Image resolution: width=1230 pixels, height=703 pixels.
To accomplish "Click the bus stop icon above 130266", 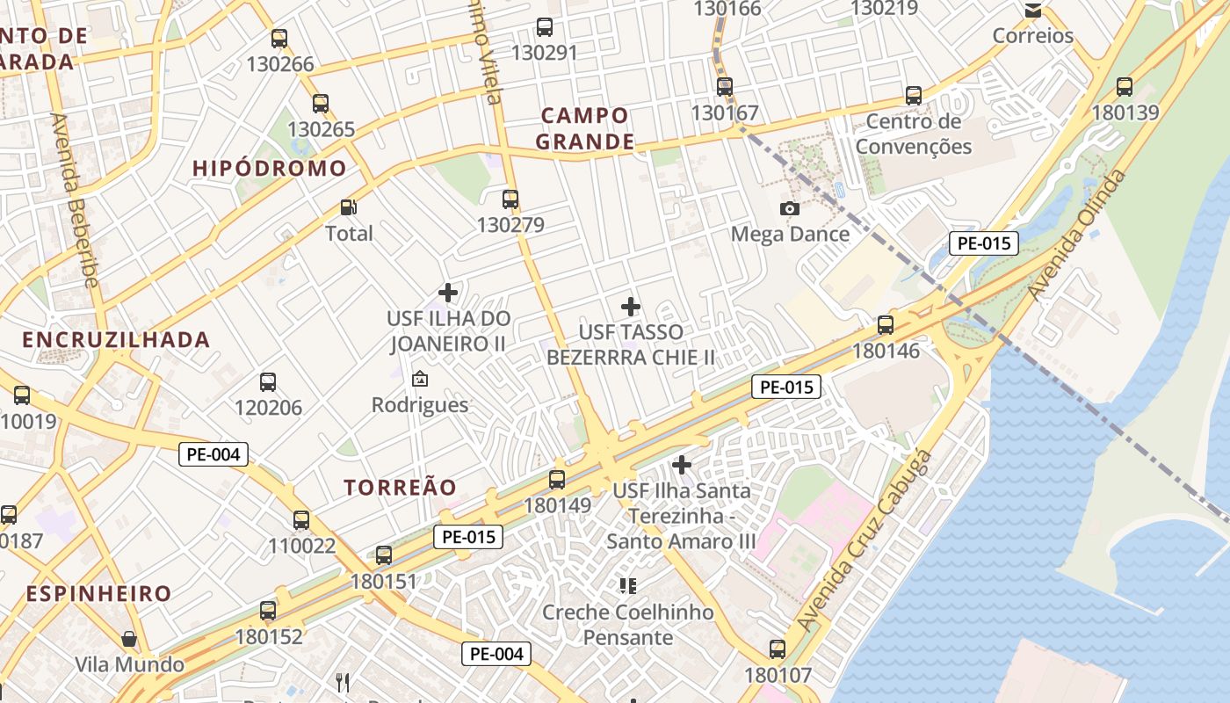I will (279, 39).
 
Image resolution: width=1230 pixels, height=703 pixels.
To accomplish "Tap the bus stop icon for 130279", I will (510, 199).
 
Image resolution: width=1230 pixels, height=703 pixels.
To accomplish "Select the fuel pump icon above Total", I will (349, 207).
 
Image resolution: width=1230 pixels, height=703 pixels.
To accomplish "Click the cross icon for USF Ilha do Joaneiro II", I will (448, 293).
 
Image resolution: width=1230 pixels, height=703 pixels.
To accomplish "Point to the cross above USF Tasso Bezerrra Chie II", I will (630, 307).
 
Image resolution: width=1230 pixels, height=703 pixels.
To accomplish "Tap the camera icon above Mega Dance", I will (790, 208).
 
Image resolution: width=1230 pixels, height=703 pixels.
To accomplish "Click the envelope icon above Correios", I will (1033, 11).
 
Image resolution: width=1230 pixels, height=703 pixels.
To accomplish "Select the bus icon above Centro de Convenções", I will (914, 96).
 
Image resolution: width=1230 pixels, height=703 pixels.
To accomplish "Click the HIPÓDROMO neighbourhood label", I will (270, 169).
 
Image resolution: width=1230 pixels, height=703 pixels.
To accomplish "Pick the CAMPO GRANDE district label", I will (585, 128).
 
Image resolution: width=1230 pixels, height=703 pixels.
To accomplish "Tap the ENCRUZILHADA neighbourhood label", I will (116, 340).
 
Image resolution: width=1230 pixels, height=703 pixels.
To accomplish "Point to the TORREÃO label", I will (401, 488).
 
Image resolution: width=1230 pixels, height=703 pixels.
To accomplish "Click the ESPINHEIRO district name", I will (98, 593).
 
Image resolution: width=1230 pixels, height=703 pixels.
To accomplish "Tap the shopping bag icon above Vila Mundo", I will (129, 638).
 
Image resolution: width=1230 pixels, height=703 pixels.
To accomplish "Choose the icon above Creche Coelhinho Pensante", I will (627, 585).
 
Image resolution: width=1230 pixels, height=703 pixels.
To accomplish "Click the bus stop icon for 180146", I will (886, 325).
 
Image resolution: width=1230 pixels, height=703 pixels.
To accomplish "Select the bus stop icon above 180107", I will (778, 649).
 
